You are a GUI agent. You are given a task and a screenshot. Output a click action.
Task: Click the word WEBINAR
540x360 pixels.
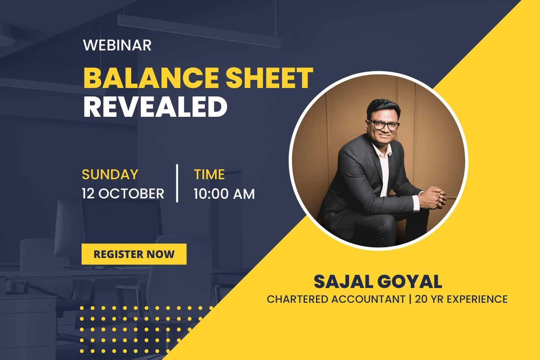pyautogui.click(x=117, y=45)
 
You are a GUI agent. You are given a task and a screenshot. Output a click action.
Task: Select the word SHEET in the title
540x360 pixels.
pyautogui.click(x=270, y=78)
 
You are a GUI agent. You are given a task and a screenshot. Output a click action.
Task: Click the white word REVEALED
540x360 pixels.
pyautogui.click(x=156, y=106)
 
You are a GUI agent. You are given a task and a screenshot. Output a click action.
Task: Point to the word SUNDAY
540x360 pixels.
pyautogui.click(x=110, y=174)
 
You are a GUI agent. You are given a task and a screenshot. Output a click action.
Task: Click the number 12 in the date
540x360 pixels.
pyautogui.click(x=88, y=194)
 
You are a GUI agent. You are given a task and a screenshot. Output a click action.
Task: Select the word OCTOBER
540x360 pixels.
pyautogui.click(x=131, y=194)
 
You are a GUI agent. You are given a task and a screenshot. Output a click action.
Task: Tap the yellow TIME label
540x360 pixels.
pyautogui.click(x=209, y=174)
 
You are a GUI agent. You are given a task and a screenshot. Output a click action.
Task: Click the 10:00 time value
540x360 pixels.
pyautogui.click(x=211, y=194)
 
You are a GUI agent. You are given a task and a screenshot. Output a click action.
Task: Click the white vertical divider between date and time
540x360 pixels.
pyautogui.click(x=177, y=183)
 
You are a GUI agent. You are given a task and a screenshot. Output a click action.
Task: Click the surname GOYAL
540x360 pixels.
pyautogui.click(x=410, y=282)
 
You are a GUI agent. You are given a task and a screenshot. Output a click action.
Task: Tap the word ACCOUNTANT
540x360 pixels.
pyautogui.click(x=368, y=299)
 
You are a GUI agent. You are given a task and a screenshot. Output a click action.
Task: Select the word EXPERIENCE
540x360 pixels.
pyautogui.click(x=477, y=299)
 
